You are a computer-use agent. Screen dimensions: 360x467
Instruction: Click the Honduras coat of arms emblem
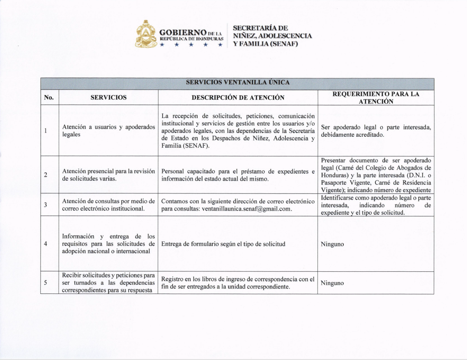pos(146,34)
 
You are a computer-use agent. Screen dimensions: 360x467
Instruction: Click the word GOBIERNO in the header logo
pos(182,32)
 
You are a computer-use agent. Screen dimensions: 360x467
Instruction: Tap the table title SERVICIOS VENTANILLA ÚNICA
pos(238,83)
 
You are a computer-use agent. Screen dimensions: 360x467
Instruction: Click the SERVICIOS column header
pos(108,97)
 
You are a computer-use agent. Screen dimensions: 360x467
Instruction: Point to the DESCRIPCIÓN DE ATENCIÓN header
pos(238,97)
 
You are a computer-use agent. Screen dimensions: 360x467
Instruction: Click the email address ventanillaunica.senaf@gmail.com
pos(248,209)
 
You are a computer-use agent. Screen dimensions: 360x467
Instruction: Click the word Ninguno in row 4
pos(332,244)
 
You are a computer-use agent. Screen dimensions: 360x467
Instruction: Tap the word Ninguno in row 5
pos(332,283)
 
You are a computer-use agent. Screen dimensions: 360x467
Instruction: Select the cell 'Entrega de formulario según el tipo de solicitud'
pos(223,244)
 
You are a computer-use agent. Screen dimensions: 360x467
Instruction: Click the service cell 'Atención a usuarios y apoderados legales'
pos(108,131)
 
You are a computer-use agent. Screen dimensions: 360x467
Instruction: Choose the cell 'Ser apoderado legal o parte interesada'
pos(376,131)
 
